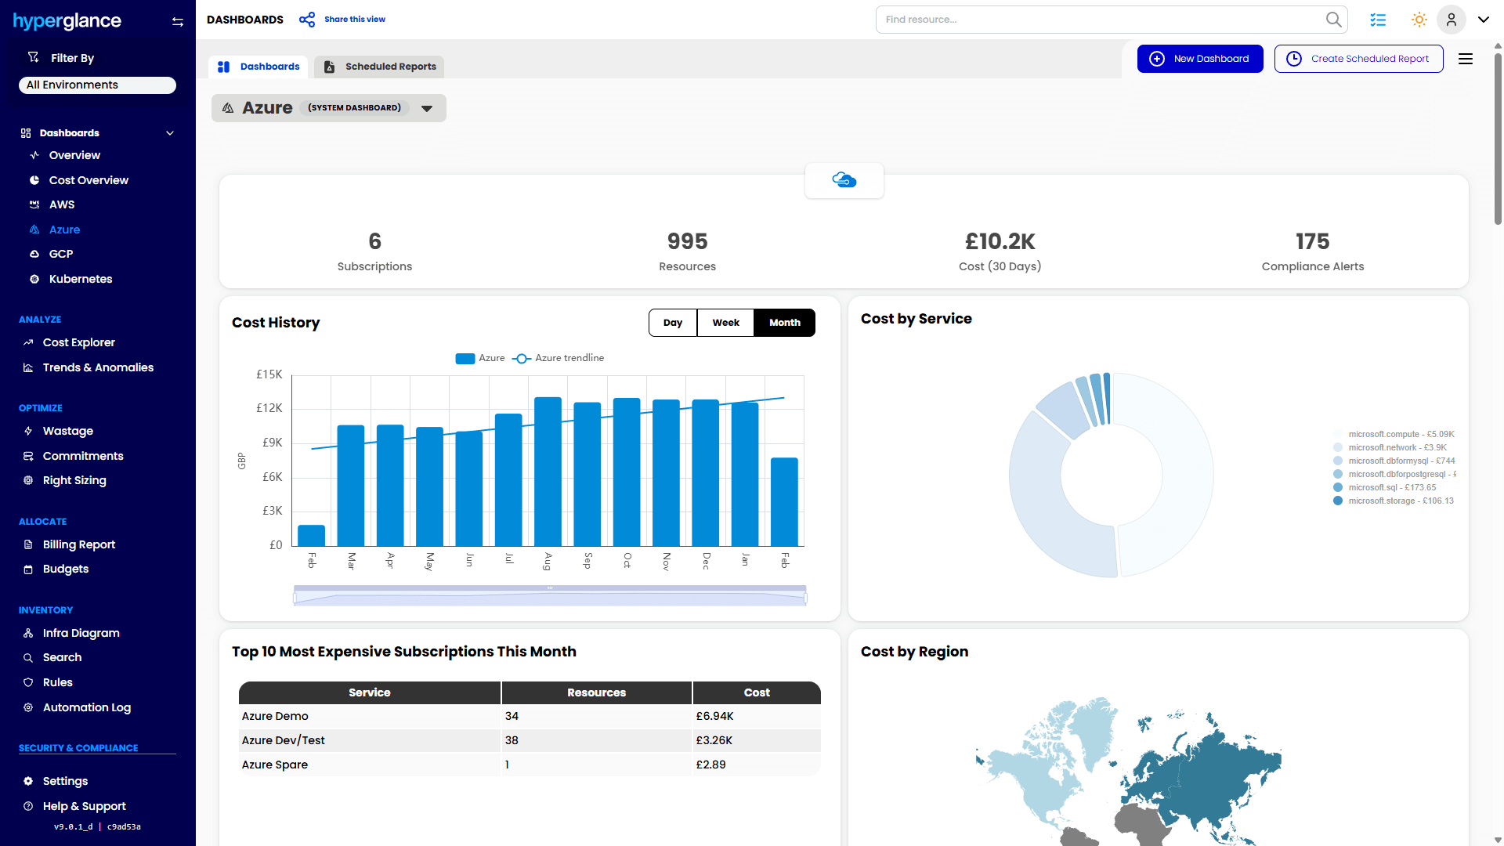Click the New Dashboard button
pos(1199,59)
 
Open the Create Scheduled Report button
pos(1358,59)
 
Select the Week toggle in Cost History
pos(725,323)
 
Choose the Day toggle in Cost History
pos(672,323)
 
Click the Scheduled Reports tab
pos(380,67)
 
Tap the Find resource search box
pos(1101,20)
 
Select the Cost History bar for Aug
pos(548,472)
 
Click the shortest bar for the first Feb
pos(312,536)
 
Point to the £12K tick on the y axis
pos(269,408)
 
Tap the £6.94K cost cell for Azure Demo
pos(714,716)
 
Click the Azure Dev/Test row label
pos(283,740)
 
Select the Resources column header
pos(596,692)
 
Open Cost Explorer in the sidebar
pos(78,342)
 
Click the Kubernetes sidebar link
pos(80,279)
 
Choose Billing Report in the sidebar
pos(78,544)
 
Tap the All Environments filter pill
pos(97,85)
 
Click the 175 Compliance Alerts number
pos(1312,241)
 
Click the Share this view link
pos(354,20)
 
